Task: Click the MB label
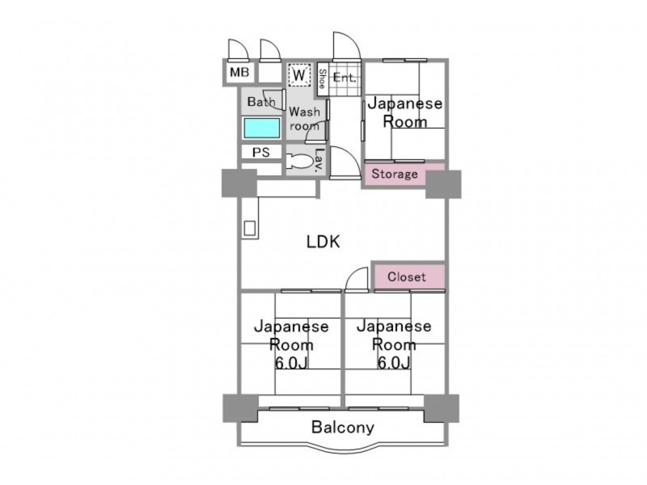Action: [239, 73]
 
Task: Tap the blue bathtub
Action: [261, 128]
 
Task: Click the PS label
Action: [260, 152]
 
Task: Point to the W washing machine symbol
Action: [299, 75]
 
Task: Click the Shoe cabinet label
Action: [322, 79]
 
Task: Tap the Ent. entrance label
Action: [345, 77]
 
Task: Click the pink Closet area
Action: [409, 276]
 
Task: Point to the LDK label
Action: [323, 242]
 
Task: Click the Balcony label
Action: [342, 428]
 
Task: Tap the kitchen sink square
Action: [249, 228]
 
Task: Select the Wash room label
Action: [305, 118]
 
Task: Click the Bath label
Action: [261, 101]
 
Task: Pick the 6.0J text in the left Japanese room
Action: [291, 363]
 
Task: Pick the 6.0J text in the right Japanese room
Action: [394, 363]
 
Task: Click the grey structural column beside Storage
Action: [443, 184]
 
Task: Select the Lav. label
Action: [318, 160]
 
